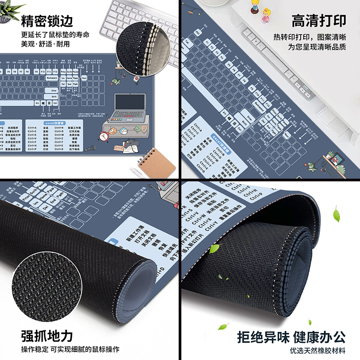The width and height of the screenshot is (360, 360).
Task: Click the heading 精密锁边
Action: [x=47, y=21]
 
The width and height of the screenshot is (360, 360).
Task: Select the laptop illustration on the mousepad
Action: [x=130, y=106]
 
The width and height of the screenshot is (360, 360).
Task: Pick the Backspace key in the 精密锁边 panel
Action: [x=52, y=78]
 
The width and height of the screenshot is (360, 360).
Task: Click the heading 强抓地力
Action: [x=47, y=336]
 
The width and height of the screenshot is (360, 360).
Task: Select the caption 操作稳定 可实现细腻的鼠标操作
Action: [x=70, y=350]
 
